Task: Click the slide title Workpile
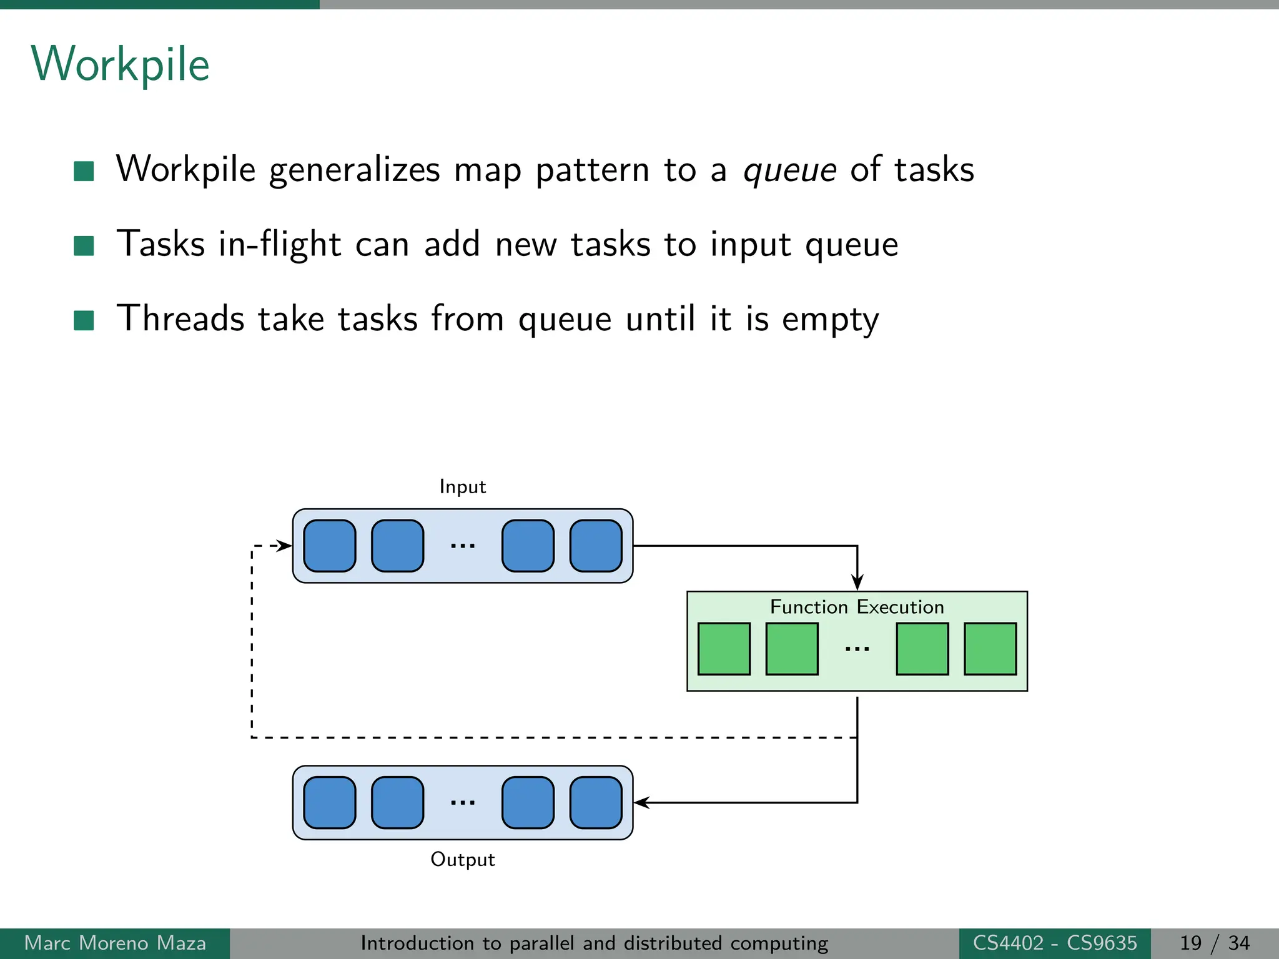tap(120, 65)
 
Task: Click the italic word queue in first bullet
tap(789, 170)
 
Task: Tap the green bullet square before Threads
tap(84, 320)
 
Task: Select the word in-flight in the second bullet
tap(279, 244)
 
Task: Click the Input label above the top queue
tap(462, 486)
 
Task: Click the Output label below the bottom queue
tap(462, 859)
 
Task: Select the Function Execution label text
tap(856, 607)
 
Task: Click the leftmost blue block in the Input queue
tap(330, 546)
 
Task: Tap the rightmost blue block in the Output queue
tap(596, 802)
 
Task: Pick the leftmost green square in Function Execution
tap(724, 649)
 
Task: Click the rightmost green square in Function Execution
tap(990, 649)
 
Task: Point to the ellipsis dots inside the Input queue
tap(463, 546)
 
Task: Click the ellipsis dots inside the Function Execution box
tap(857, 649)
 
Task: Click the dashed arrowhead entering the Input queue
tap(285, 546)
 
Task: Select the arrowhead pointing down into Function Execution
tap(857, 583)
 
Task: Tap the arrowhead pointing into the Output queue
tap(642, 802)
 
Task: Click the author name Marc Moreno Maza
tap(115, 943)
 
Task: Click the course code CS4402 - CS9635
tap(1055, 943)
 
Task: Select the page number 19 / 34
tap(1214, 943)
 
